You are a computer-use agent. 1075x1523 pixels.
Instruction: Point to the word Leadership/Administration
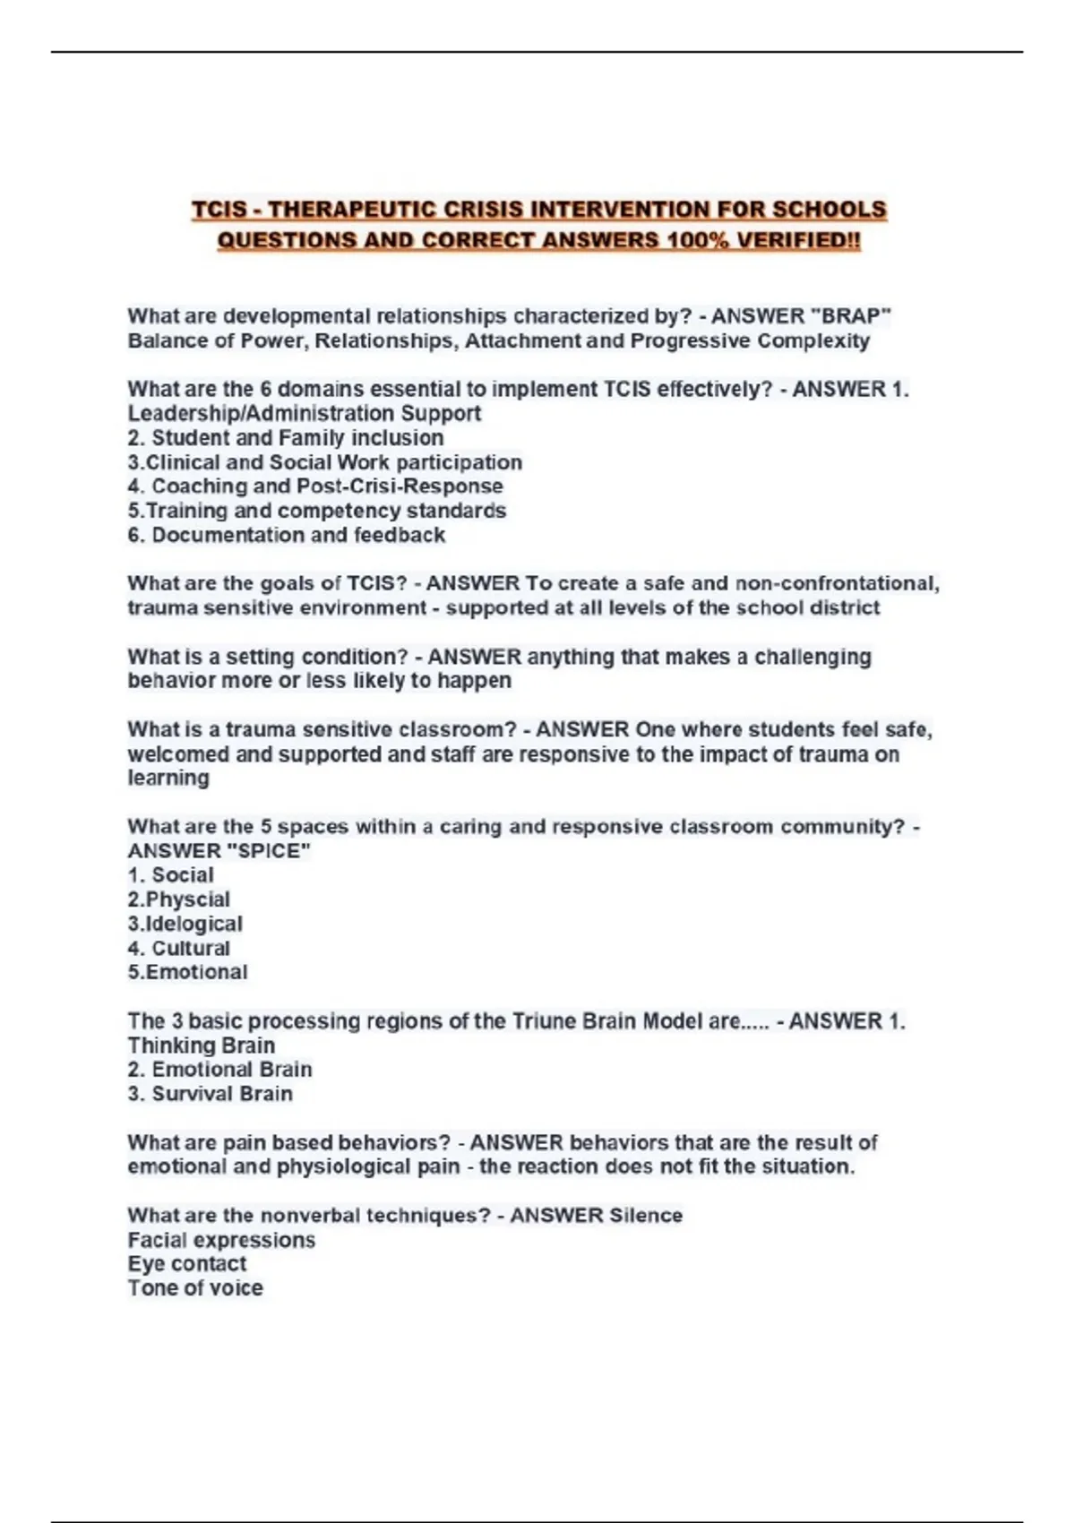click(x=261, y=413)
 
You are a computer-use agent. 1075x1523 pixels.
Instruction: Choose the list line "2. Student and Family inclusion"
click(x=286, y=437)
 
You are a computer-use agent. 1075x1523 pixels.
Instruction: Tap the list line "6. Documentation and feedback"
click(x=286, y=535)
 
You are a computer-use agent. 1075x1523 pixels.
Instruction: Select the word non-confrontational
click(x=837, y=583)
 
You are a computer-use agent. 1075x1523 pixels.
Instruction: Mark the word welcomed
click(x=178, y=754)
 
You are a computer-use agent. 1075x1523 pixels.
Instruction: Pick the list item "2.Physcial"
click(x=178, y=899)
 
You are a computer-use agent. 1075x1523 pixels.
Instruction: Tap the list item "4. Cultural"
click(x=178, y=948)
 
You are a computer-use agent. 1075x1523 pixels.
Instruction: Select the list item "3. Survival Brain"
click(x=210, y=1094)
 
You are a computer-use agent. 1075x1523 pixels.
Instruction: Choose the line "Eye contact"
click(x=186, y=1264)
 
